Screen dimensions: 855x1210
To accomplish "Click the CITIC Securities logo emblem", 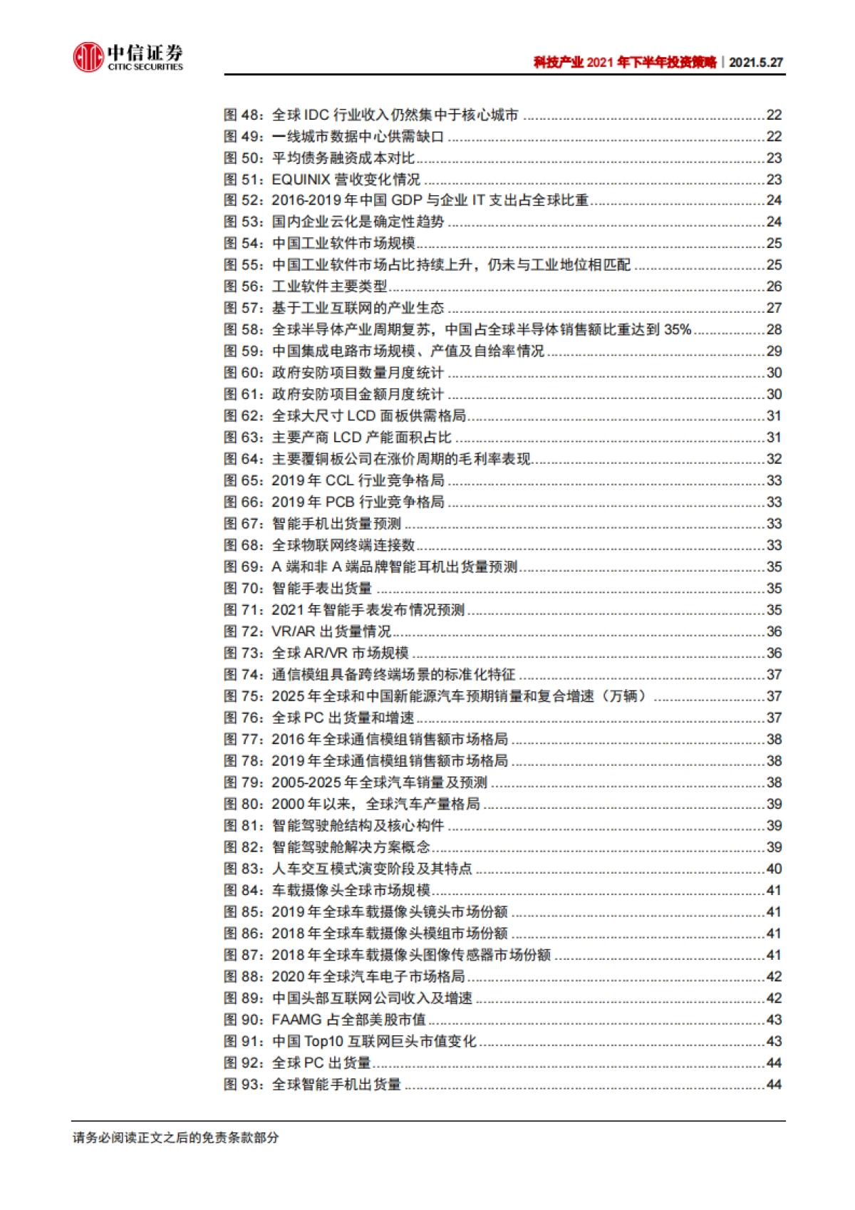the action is pyautogui.click(x=88, y=57).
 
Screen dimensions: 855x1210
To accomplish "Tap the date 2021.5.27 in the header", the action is pyautogui.click(x=756, y=63).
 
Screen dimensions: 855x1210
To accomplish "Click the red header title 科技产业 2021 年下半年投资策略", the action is pyautogui.click(x=625, y=63).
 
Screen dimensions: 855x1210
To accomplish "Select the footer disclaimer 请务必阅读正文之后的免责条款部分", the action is pyautogui.click(x=175, y=1138).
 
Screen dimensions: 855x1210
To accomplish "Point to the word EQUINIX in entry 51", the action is pyautogui.click(x=301, y=180).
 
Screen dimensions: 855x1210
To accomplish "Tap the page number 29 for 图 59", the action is pyautogui.click(x=774, y=351).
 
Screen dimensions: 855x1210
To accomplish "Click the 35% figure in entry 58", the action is pyautogui.click(x=677, y=330).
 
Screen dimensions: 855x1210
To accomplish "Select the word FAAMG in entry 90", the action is pyautogui.click(x=297, y=1020).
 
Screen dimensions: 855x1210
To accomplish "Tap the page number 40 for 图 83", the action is pyautogui.click(x=774, y=869).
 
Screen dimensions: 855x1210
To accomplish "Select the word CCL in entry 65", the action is pyautogui.click(x=340, y=480).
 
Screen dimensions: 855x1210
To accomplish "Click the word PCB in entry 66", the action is pyautogui.click(x=340, y=502).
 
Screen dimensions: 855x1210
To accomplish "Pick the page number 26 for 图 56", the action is pyautogui.click(x=774, y=286).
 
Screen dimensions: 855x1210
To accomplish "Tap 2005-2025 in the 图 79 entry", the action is pyautogui.click(x=308, y=782).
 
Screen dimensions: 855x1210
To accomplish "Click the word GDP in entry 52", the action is pyautogui.click(x=407, y=201).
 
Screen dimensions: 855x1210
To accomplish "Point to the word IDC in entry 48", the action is pyautogui.click(x=316, y=115).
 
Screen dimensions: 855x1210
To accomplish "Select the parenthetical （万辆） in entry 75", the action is pyautogui.click(x=623, y=696).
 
